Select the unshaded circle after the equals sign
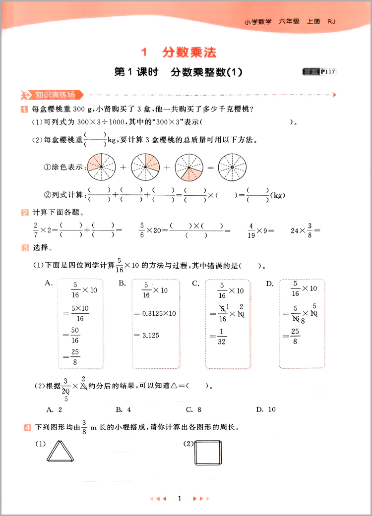(x=233, y=168)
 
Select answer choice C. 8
(x=193, y=409)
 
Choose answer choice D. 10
(x=265, y=409)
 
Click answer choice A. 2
(x=54, y=409)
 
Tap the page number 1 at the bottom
(x=180, y=499)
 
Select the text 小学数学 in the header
(x=258, y=21)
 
